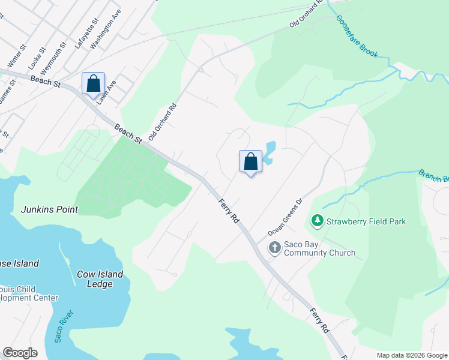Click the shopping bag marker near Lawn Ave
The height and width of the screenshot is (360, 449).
pyautogui.click(x=93, y=83)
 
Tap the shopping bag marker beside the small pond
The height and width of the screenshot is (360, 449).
pyautogui.click(x=250, y=161)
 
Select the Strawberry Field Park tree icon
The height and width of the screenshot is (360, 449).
pyautogui.click(x=317, y=221)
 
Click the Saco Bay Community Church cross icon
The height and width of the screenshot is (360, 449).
pyautogui.click(x=274, y=248)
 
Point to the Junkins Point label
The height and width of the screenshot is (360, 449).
pyautogui.click(x=50, y=209)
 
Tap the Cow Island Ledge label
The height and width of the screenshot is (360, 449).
pyautogui.click(x=100, y=279)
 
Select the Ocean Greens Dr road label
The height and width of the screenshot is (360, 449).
pyautogui.click(x=283, y=218)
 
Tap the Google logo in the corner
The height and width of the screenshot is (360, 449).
pyautogui.click(x=20, y=353)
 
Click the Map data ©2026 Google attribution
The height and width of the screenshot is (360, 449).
pyautogui.click(x=412, y=355)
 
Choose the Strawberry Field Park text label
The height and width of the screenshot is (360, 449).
pyautogui.click(x=366, y=221)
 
